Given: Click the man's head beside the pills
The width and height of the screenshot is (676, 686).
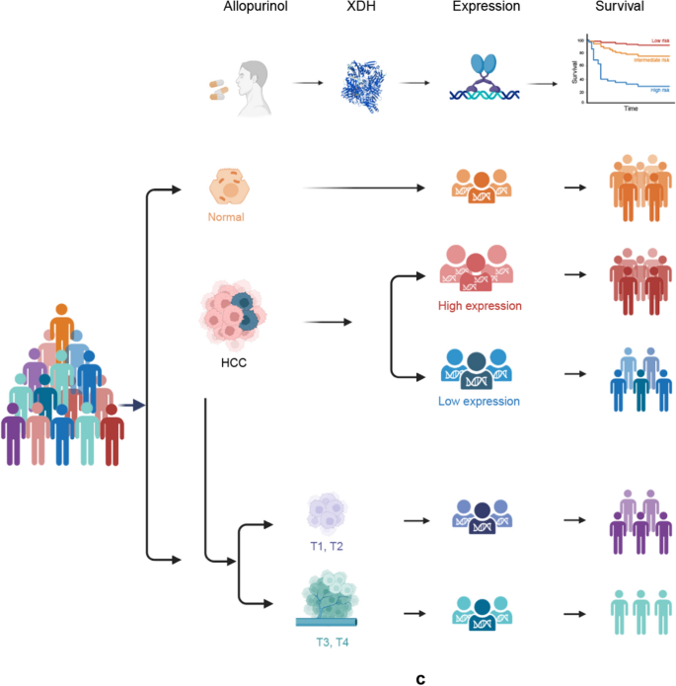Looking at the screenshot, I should [255, 79].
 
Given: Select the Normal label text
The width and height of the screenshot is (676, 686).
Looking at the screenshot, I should [226, 216].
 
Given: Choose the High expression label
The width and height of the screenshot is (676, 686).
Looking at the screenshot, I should [480, 306].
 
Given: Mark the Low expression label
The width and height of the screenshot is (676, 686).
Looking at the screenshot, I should [479, 402].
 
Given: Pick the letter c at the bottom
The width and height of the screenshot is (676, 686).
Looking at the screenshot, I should [420, 679].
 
